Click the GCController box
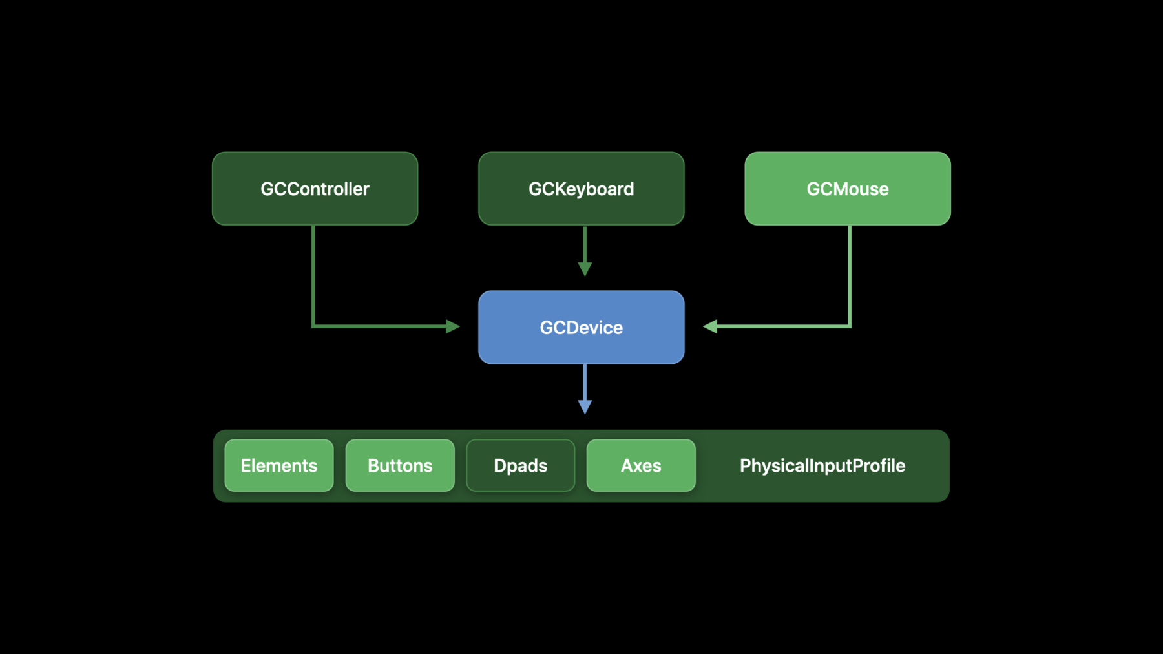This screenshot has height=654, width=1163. click(x=315, y=189)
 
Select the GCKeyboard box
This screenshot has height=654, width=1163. click(x=581, y=189)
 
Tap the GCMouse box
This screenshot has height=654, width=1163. click(x=848, y=189)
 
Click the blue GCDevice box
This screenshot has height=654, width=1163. click(x=581, y=327)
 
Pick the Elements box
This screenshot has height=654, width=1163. click(x=279, y=465)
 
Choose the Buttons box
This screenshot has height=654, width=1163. click(x=400, y=465)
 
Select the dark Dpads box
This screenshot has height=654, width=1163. click(x=521, y=465)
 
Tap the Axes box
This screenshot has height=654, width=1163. click(x=641, y=465)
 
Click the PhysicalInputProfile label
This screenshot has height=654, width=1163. click(x=822, y=466)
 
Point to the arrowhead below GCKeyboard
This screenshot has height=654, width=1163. click(x=585, y=269)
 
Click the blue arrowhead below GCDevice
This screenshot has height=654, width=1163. click(x=585, y=407)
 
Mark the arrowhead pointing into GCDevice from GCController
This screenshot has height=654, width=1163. click(x=453, y=326)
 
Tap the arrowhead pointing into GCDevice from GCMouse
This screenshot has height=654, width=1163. click(x=710, y=326)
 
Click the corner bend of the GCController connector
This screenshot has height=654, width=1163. click(x=313, y=326)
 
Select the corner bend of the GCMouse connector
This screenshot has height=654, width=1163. click(x=850, y=326)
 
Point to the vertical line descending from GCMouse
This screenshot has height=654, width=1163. click(x=850, y=276)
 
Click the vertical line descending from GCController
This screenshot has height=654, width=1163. click(x=313, y=276)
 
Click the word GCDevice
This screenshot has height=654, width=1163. click(x=581, y=328)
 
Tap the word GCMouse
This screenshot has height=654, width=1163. click(x=848, y=189)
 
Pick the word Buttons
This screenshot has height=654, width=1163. click(x=400, y=465)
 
